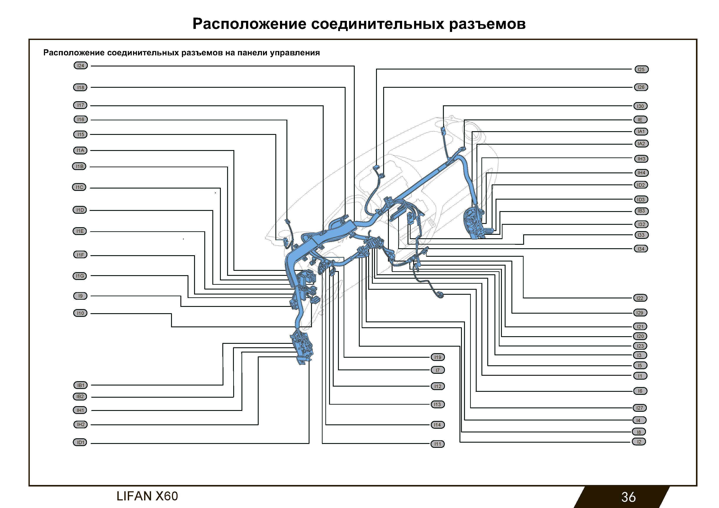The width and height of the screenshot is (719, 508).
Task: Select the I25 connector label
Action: coord(641,69)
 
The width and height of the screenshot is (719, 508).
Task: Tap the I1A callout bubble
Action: coord(80,151)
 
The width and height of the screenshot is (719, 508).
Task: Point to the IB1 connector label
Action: coord(80,385)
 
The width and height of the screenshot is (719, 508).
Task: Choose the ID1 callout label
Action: coord(80,443)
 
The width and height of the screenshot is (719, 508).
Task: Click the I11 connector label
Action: coord(438,444)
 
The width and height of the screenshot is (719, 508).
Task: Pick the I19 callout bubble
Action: coord(438,357)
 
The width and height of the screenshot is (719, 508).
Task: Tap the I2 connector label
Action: coord(639,442)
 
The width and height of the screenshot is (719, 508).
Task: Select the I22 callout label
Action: coord(640,298)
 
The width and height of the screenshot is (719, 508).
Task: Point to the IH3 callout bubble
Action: coord(641,159)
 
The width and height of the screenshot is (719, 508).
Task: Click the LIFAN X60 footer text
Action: coord(147,496)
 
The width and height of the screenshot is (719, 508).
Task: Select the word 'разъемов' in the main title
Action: coord(487,24)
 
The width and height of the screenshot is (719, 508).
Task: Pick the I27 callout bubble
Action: coord(639,408)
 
